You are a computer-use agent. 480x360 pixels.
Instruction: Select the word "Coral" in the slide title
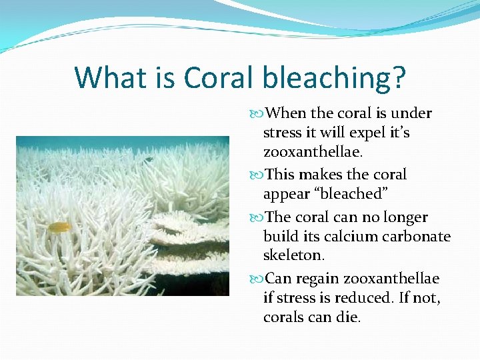click(x=219, y=78)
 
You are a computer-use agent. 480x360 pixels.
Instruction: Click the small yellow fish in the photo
click(x=59, y=227)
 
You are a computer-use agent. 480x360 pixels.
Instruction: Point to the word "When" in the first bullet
click(x=286, y=113)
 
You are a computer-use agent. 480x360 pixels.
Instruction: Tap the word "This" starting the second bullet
click(x=281, y=175)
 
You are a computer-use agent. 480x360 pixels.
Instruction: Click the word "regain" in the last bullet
click(x=319, y=279)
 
